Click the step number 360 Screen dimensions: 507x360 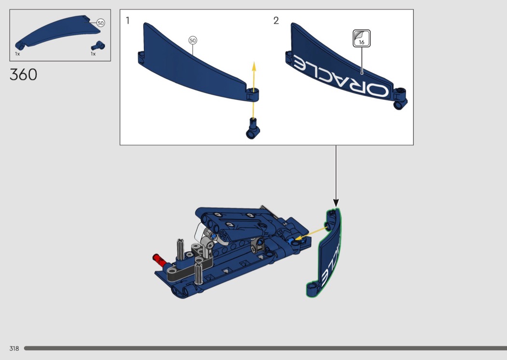pyautogui.click(x=23, y=75)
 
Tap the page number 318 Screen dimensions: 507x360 pyautogui.click(x=14, y=348)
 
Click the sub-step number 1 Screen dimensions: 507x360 pyautogui.click(x=128, y=21)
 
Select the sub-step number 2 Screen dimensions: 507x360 pyautogui.click(x=276, y=21)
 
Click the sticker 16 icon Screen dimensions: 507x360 pyautogui.click(x=362, y=39)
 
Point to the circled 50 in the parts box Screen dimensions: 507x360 pyautogui.click(x=100, y=23)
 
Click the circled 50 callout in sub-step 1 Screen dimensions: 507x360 pyautogui.click(x=193, y=41)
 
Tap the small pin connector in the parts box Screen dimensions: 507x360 pyautogui.click(x=98, y=46)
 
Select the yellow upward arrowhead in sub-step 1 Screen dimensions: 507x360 pyautogui.click(x=254, y=66)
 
